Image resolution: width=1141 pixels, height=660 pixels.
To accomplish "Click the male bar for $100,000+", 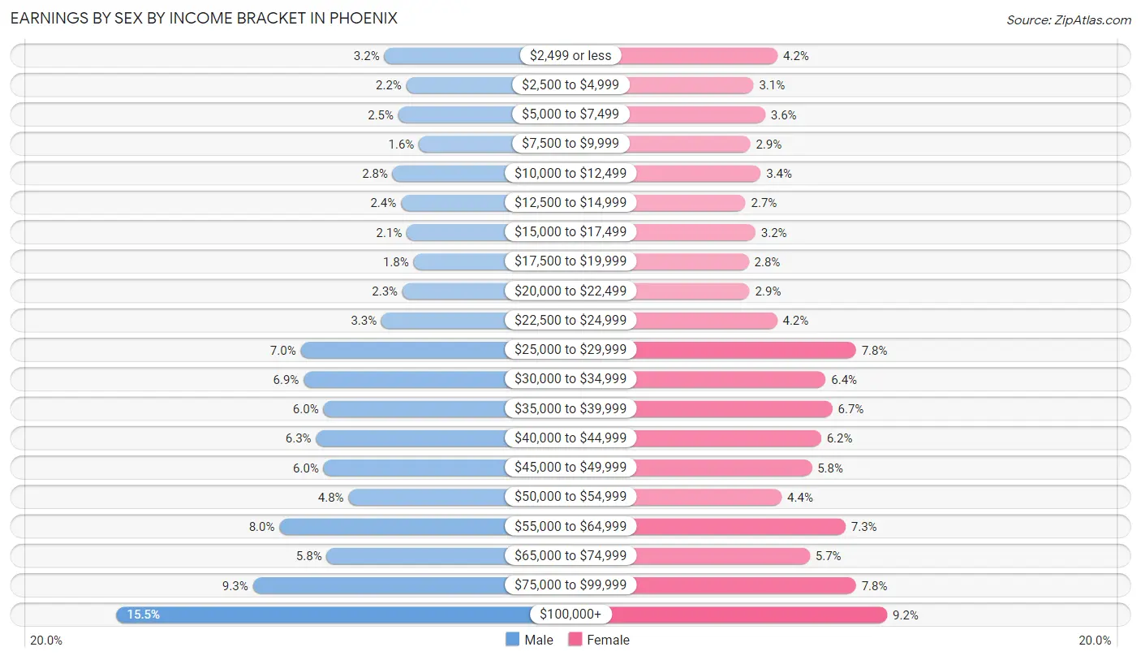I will pyautogui.click(x=325, y=615).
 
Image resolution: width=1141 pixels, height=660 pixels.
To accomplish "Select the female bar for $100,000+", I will pyautogui.click(x=747, y=615).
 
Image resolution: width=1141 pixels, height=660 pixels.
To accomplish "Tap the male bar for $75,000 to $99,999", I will pyautogui.click(x=381, y=585).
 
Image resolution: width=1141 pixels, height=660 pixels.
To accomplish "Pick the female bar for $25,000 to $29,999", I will pyautogui.click(x=743, y=350).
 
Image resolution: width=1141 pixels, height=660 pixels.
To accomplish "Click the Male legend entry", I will pyautogui.click(x=529, y=640).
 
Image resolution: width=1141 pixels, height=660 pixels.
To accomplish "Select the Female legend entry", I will pyautogui.click(x=599, y=640).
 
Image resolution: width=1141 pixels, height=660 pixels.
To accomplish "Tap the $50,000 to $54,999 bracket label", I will pyautogui.click(x=570, y=497).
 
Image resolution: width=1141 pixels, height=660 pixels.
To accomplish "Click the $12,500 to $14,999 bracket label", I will pyautogui.click(x=570, y=202).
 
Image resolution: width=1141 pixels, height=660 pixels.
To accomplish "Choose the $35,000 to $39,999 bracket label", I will pyautogui.click(x=570, y=408).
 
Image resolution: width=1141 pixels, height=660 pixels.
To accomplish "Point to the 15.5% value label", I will pyautogui.click(x=143, y=615).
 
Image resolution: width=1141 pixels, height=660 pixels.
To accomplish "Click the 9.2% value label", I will pyautogui.click(x=906, y=615).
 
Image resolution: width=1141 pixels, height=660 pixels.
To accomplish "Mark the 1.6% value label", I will pyautogui.click(x=401, y=144).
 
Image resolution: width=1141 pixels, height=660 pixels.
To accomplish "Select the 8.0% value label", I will pyautogui.click(x=262, y=527).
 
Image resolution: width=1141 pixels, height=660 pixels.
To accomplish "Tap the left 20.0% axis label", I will pyautogui.click(x=46, y=641).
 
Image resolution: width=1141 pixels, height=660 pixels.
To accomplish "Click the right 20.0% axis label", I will pyautogui.click(x=1095, y=641).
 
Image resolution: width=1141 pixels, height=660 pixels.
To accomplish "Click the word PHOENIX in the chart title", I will pyautogui.click(x=364, y=18).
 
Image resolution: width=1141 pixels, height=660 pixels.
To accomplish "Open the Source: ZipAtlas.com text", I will pyautogui.click(x=1068, y=19).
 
